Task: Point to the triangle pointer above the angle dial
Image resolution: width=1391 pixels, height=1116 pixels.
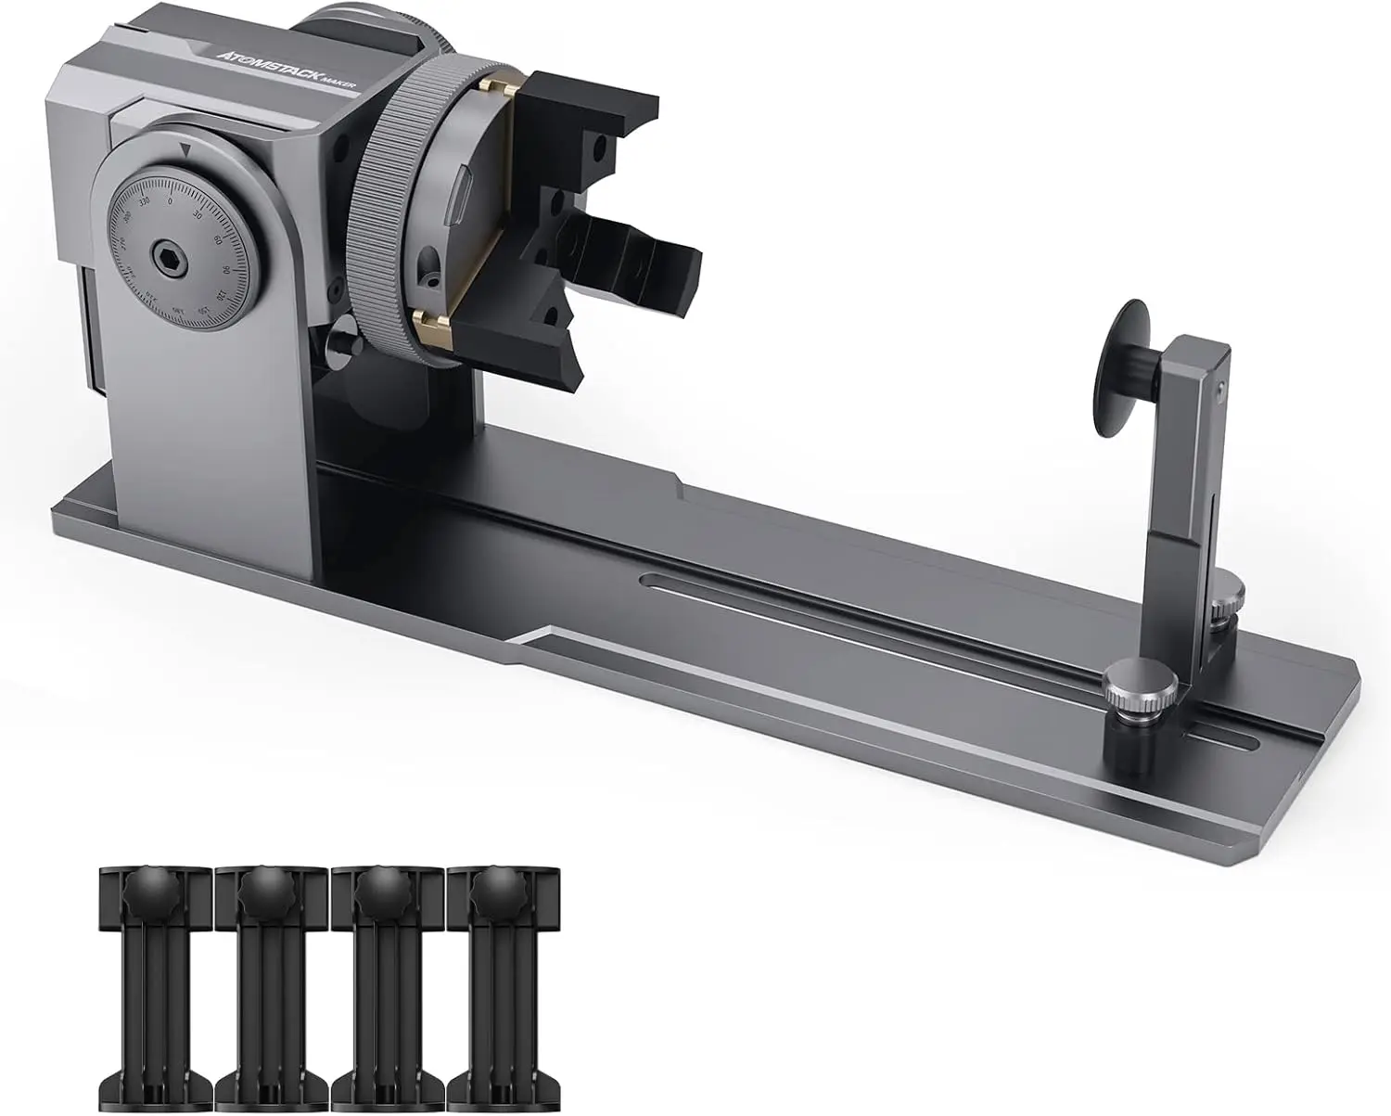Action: tap(186, 148)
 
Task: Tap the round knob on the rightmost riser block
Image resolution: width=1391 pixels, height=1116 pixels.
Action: tap(489, 896)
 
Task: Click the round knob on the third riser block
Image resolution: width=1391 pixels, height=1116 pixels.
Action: tap(372, 896)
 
